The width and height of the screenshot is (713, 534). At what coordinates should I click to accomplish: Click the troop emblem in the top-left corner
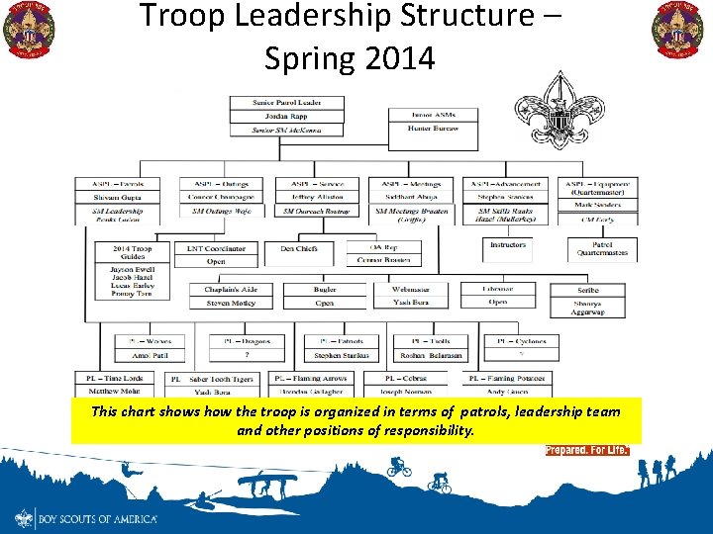[29, 30]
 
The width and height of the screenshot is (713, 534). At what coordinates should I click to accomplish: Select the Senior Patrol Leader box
[286, 103]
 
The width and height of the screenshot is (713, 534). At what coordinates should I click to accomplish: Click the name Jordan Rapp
[286, 117]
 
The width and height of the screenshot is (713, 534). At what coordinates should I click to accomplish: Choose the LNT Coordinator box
[217, 248]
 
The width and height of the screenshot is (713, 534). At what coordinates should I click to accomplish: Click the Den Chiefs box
[299, 248]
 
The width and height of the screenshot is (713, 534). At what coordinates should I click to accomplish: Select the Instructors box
[508, 244]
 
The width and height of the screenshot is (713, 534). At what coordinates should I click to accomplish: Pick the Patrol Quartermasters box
[602, 249]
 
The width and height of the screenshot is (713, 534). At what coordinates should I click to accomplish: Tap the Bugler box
[325, 290]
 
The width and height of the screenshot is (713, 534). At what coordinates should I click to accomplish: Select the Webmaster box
[410, 290]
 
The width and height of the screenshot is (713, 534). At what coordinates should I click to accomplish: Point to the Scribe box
[587, 290]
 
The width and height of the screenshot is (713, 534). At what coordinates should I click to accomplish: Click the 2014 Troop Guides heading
[132, 251]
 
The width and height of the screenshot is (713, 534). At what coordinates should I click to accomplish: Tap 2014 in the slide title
[400, 59]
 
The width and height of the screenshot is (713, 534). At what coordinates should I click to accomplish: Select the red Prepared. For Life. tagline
[587, 450]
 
